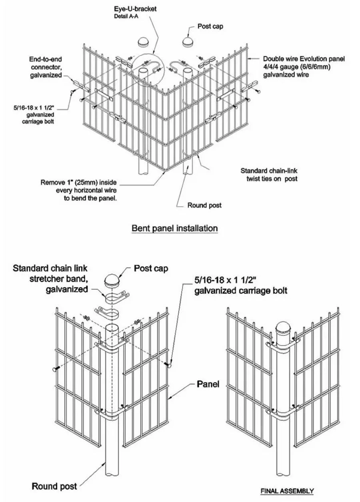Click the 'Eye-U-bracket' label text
135,9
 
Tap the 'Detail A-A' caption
126,16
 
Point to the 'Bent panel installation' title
175,228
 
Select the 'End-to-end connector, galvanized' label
46,67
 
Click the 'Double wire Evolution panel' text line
304,59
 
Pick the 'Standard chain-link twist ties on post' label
270,175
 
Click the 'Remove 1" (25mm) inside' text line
78,182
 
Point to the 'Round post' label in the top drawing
204,205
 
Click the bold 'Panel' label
208,384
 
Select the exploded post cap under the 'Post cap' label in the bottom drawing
112,281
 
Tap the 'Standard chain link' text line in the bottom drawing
50,268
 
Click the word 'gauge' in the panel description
286,67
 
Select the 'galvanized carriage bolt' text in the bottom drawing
241,291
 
